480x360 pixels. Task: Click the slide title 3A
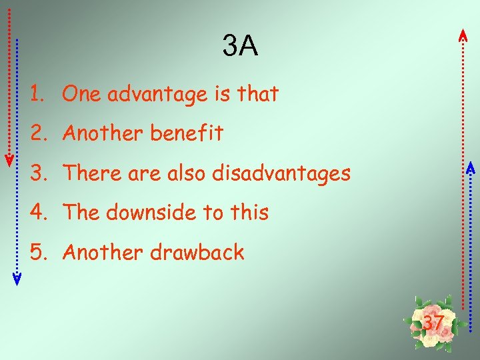(240, 47)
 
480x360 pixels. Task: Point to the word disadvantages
(281, 173)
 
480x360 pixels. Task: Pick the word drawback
(197, 253)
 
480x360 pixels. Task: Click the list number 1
(36, 95)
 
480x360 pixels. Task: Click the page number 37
(433, 323)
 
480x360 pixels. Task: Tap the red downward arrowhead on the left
(9, 160)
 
